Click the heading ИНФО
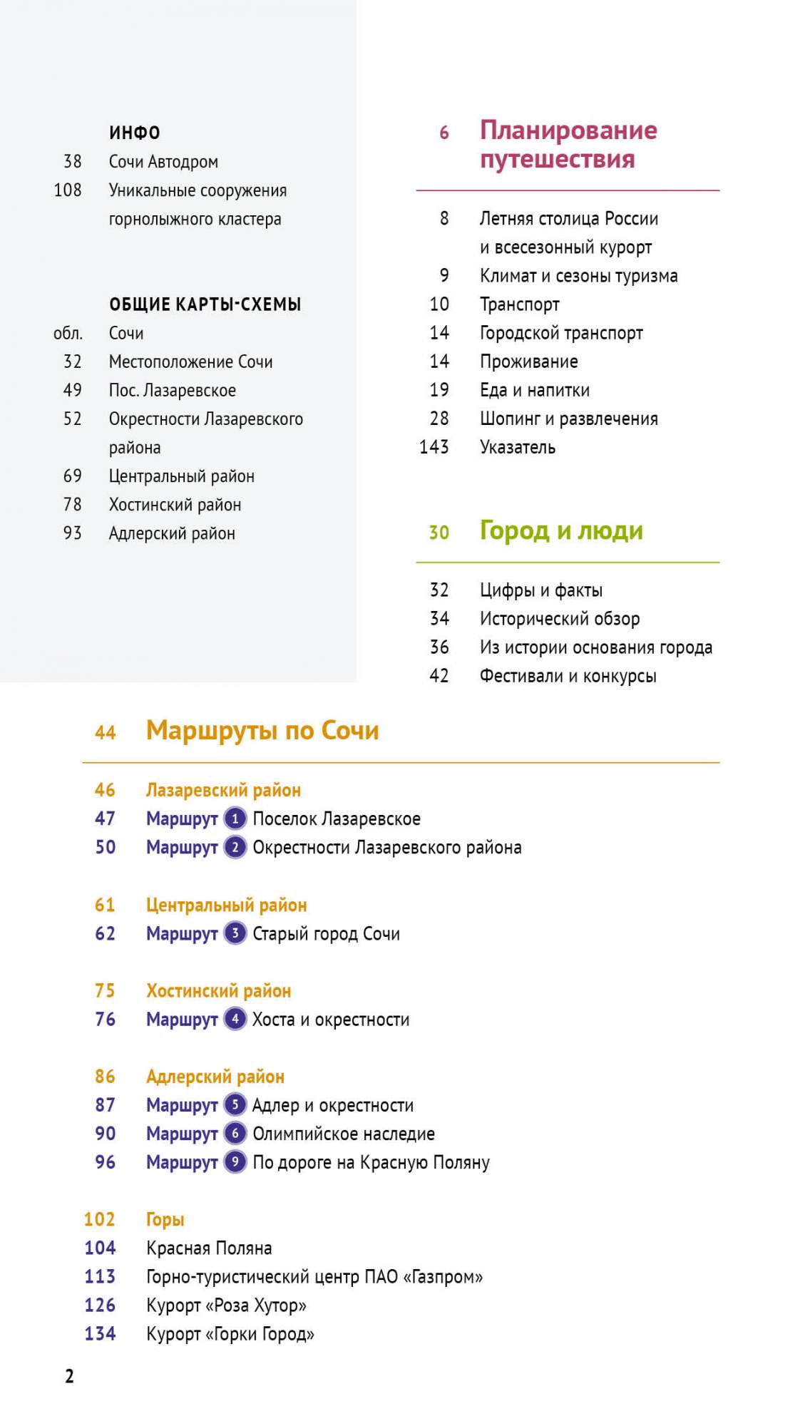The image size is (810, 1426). (134, 133)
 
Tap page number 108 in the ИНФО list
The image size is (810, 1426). (68, 190)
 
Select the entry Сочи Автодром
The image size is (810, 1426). (163, 162)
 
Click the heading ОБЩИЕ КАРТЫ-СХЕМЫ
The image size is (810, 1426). (205, 304)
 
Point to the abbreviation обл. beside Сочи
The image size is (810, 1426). (68, 334)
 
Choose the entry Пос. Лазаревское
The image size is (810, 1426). (172, 391)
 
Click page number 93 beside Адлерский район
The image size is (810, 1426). (72, 533)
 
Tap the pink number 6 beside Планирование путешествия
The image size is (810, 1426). (444, 133)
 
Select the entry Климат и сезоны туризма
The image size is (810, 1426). (578, 276)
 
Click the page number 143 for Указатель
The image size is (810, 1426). (434, 447)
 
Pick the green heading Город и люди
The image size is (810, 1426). (561, 531)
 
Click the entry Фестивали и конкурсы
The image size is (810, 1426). (568, 676)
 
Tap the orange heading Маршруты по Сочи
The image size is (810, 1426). (262, 731)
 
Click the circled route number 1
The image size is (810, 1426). (235, 819)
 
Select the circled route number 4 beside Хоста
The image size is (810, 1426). (235, 1019)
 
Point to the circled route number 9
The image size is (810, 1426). (235, 1162)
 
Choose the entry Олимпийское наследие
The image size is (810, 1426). (344, 1134)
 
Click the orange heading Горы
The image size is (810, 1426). (165, 1219)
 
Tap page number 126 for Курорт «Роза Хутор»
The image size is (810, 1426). (100, 1306)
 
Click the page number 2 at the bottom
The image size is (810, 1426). (69, 1376)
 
